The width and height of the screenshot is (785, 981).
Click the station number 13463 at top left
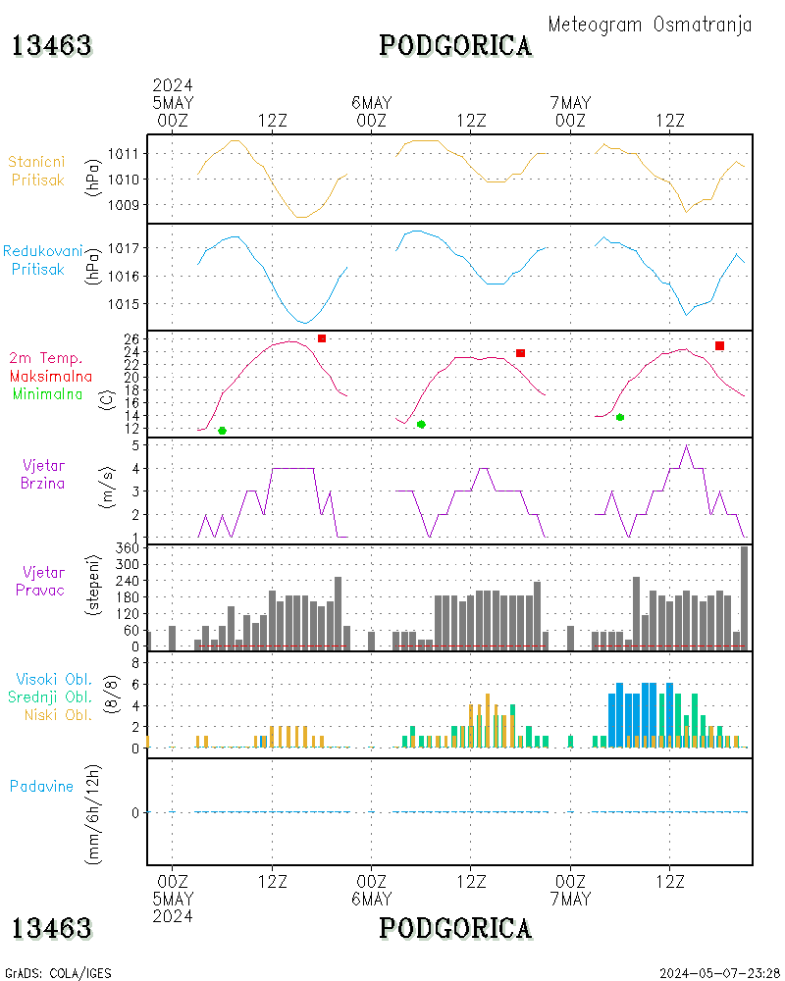(52, 46)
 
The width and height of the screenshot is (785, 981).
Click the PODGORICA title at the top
(455, 46)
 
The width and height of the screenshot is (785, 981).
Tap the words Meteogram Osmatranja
(650, 25)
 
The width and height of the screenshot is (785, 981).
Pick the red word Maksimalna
(51, 376)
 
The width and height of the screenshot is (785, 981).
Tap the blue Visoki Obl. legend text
(54, 679)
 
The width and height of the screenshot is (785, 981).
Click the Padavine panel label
(41, 786)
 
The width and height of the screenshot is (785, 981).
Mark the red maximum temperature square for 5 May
(322, 338)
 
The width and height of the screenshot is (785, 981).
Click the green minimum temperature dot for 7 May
(620, 417)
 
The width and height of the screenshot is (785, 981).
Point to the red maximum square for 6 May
(521, 353)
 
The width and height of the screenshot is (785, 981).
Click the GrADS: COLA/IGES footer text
(59, 973)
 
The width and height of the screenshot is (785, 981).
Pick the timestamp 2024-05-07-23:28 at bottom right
(720, 973)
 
